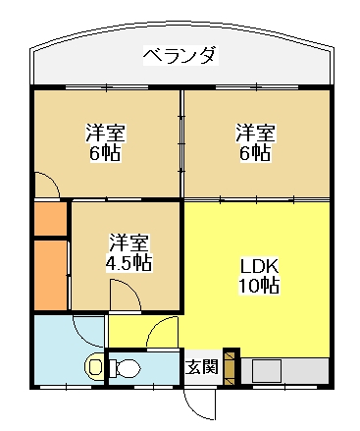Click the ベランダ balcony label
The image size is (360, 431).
tap(180, 55)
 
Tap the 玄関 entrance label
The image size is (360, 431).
tap(202, 366)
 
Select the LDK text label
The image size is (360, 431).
tap(259, 266)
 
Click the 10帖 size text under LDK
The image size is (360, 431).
tap(259, 286)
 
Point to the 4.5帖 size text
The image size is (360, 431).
tap(129, 262)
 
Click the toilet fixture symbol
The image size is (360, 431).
tap(125, 368)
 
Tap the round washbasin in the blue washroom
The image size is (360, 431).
tap(94, 366)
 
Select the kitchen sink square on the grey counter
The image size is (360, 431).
tap(267, 371)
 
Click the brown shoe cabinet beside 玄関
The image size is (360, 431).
tap(230, 368)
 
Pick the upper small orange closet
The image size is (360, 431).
tap(51, 219)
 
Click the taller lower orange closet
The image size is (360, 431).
tap(51, 276)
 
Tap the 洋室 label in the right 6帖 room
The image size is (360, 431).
tap(255, 133)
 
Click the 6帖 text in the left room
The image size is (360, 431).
tap(105, 152)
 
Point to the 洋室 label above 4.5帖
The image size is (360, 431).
tap(129, 243)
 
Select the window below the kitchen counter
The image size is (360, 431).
tap(284, 387)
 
